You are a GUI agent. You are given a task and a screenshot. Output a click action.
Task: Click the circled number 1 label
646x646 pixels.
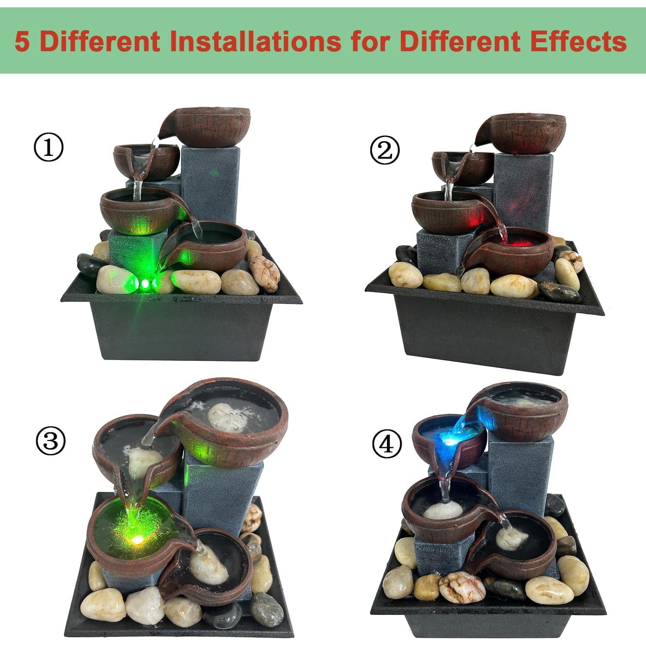pos(48,148)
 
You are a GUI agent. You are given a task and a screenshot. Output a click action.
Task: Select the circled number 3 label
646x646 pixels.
pos(50,441)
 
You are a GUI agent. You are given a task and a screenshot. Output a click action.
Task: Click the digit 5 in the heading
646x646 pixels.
pos(22,42)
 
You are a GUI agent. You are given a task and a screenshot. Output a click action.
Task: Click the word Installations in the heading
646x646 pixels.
pos(252,42)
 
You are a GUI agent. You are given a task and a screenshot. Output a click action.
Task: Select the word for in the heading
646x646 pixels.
pos(369,42)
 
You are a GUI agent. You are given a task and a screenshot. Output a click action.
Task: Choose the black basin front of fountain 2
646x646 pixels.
pos(487,336)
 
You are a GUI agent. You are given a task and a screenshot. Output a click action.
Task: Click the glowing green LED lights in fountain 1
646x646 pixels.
pos(145,283)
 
